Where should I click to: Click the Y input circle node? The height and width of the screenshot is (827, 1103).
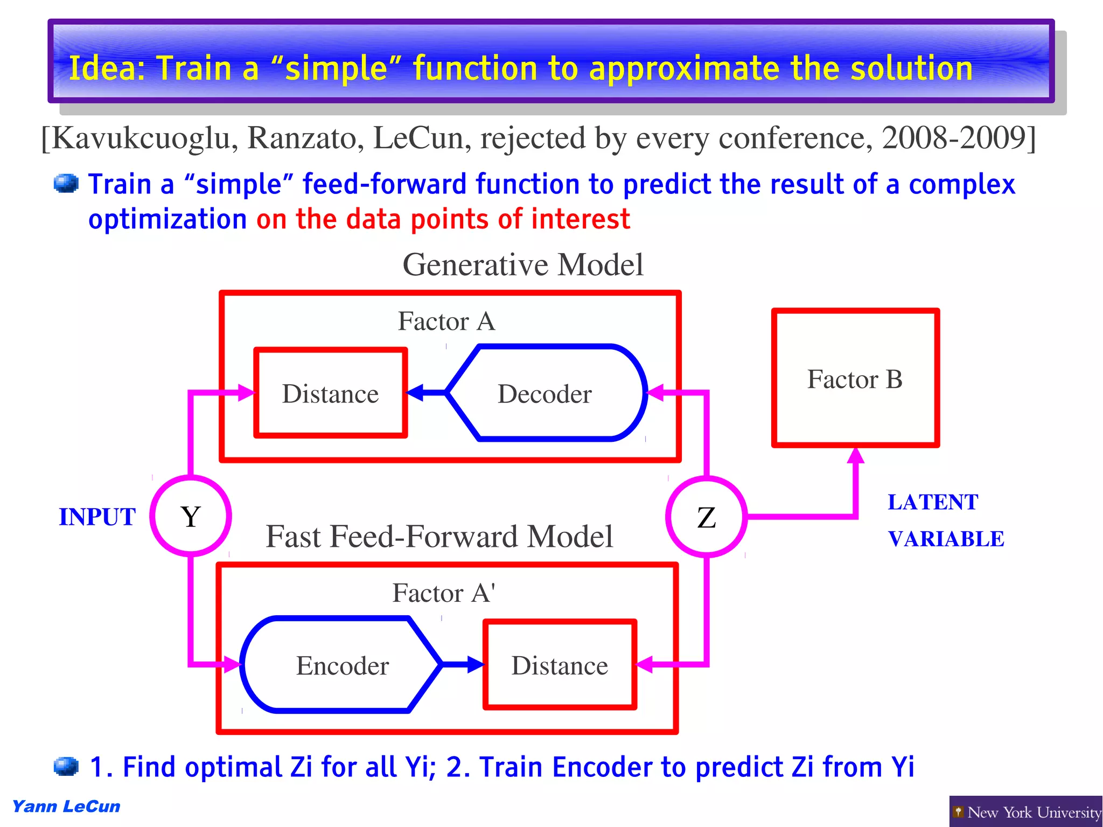[191, 516]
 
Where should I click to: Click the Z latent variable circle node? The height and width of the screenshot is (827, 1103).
[706, 517]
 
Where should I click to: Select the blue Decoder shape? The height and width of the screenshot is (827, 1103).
[545, 393]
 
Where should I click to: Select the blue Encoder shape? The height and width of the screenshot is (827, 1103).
[341, 665]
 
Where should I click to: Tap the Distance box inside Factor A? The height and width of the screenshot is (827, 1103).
[330, 393]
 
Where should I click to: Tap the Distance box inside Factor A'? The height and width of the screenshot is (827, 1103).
[560, 665]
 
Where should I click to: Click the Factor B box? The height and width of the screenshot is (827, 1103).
[855, 378]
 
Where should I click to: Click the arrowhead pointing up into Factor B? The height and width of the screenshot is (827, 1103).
[855, 456]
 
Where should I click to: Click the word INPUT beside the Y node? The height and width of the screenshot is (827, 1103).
[97, 517]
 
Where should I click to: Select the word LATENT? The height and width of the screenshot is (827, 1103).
[932, 502]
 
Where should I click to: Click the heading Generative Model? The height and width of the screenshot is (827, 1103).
[522, 265]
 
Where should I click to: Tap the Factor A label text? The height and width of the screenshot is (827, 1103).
[446, 321]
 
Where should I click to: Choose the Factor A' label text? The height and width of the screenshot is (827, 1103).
[443, 593]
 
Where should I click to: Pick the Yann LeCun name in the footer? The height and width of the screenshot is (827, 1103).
[66, 806]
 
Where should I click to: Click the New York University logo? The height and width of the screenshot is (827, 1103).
[1025, 811]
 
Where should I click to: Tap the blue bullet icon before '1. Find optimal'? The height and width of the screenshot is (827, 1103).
[66, 766]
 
